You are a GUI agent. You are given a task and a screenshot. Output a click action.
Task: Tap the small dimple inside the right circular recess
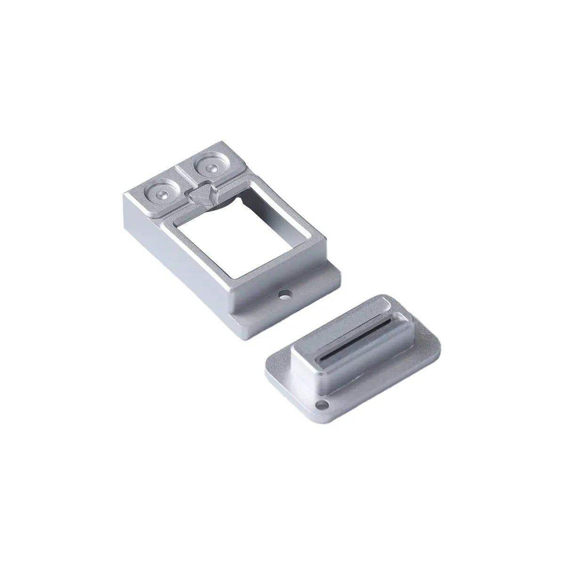[x=209, y=168]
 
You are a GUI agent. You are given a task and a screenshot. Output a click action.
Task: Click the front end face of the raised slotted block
[x=306, y=372]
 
